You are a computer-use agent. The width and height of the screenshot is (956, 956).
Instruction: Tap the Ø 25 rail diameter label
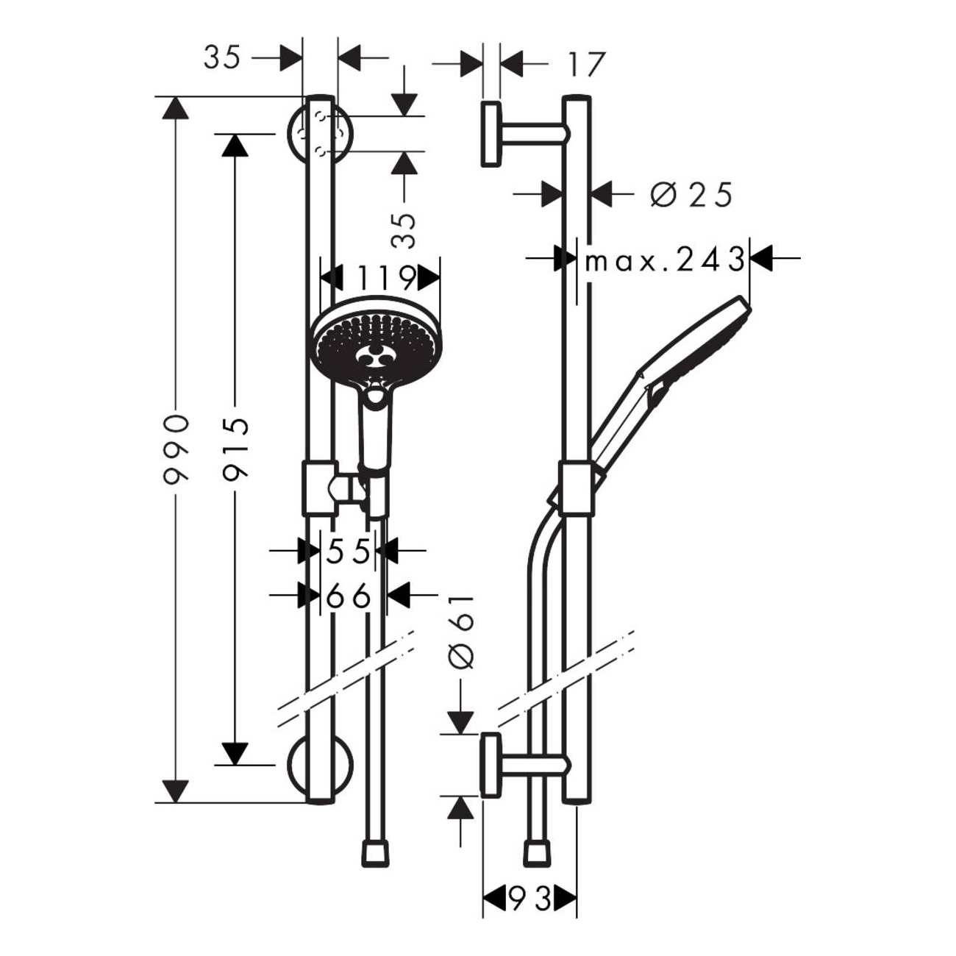click(691, 195)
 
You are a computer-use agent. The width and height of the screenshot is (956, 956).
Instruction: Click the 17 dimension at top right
click(586, 64)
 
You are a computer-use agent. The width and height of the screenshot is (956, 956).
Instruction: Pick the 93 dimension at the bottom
click(529, 898)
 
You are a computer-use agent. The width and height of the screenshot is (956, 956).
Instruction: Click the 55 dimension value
click(347, 551)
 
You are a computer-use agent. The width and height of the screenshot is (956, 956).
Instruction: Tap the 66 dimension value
click(349, 596)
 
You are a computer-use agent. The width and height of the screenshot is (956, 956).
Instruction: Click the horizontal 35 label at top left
click(222, 57)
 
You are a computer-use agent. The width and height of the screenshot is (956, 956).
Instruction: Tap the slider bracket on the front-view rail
click(319, 488)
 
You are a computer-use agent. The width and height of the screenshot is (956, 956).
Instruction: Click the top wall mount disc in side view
click(491, 135)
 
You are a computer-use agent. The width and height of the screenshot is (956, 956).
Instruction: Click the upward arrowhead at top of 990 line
click(174, 107)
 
